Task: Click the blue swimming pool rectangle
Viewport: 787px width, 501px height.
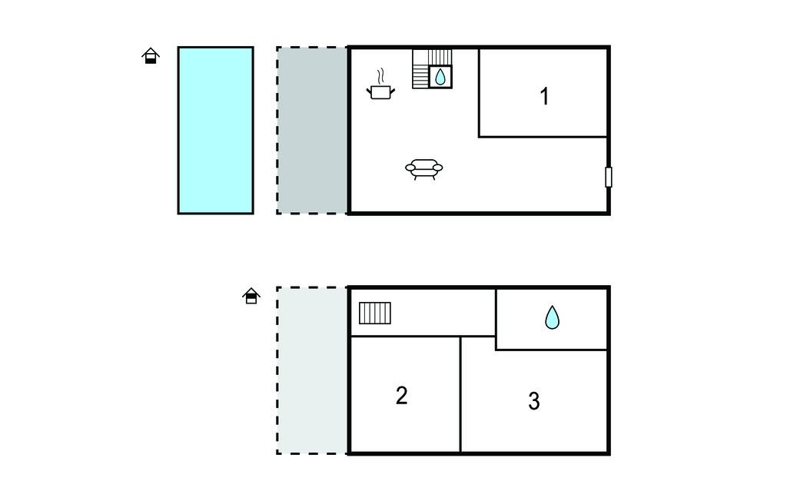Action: coord(215,131)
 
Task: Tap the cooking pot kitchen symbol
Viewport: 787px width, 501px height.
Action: coord(381,92)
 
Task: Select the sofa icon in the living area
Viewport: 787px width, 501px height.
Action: coord(424,169)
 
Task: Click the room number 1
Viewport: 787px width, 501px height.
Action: coord(545,96)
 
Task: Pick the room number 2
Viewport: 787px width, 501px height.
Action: coord(401,396)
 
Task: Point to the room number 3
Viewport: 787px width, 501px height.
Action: coord(534,401)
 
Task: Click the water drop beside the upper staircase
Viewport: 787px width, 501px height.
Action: coord(440,77)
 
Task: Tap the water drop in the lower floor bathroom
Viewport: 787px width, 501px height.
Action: coord(552,317)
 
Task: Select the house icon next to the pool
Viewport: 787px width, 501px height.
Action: coord(151,56)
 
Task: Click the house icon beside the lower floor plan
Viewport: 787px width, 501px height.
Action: coord(251,296)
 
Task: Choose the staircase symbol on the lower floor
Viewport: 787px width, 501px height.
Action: coord(375,314)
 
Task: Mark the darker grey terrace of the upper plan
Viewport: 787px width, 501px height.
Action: coord(313,131)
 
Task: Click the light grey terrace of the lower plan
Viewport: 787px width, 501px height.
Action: coord(313,370)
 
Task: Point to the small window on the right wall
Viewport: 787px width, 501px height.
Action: coord(609,178)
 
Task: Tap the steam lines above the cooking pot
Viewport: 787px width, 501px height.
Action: coord(381,76)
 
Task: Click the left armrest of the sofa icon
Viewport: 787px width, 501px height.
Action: coord(410,168)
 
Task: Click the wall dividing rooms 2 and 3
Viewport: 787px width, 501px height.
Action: coord(460,394)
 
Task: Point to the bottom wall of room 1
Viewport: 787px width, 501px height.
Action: coord(543,137)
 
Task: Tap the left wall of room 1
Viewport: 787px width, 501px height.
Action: coord(479,92)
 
